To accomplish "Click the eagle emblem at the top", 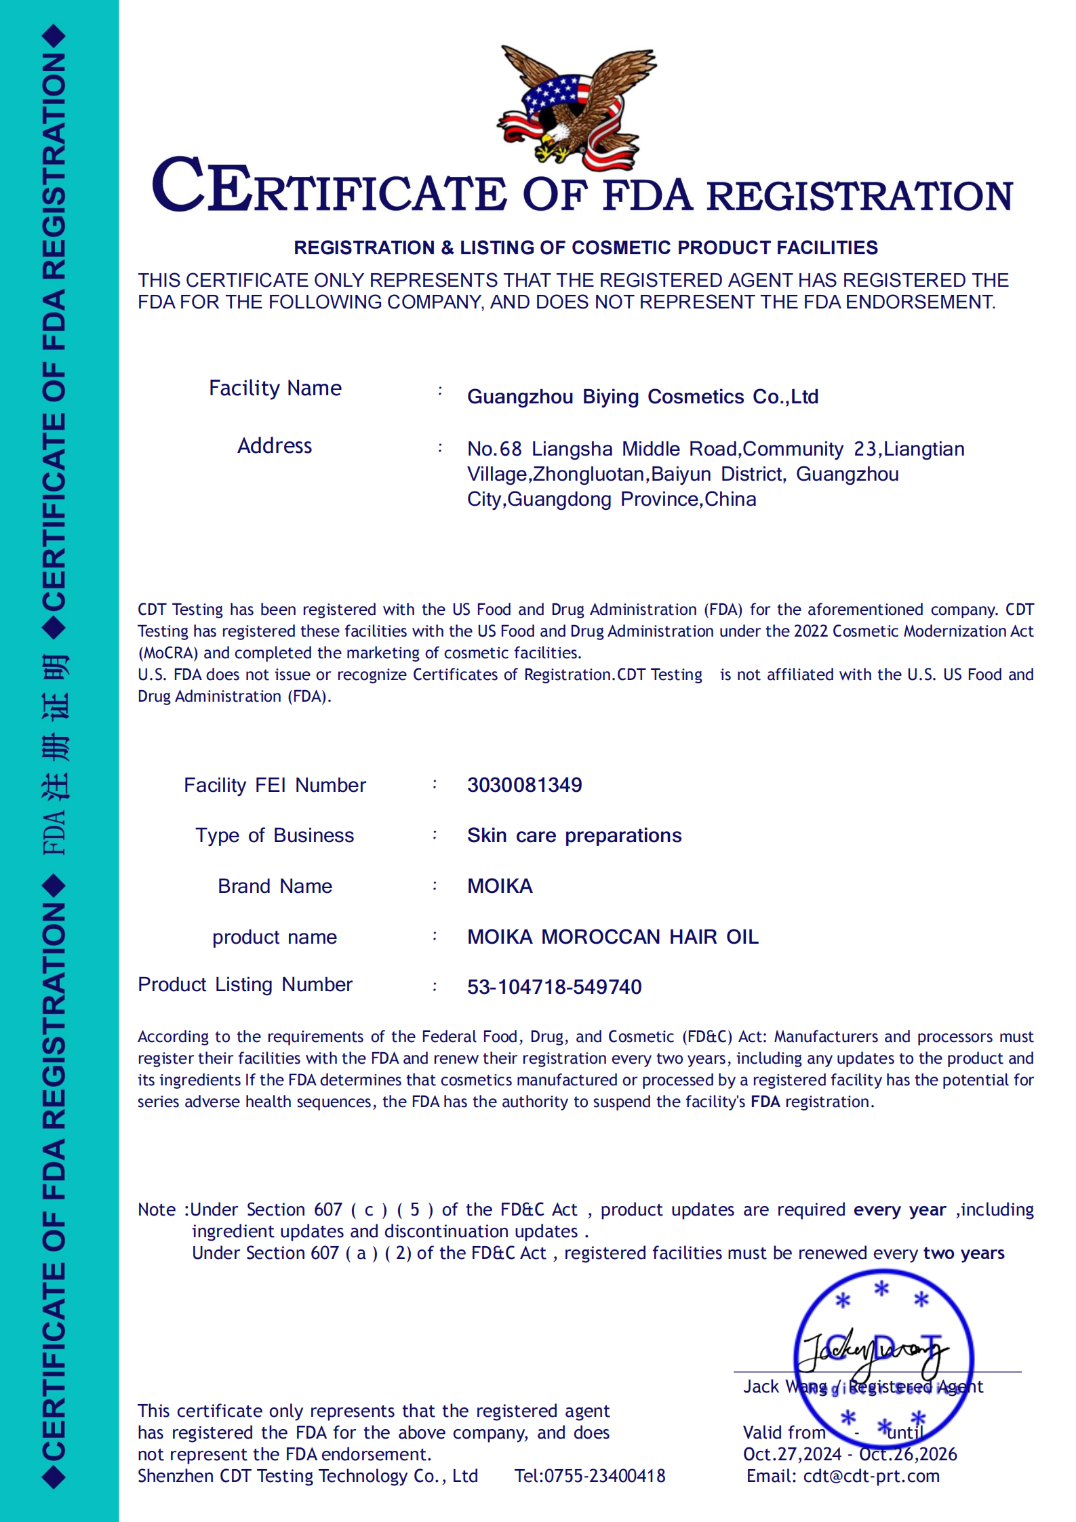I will coord(576,107).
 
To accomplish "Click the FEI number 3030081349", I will coord(524,784).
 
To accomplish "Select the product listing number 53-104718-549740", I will coord(554,986).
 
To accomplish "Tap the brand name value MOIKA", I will coord(500,885).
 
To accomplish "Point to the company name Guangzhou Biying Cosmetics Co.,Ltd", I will coord(642,397).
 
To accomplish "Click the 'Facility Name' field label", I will coord(275,388).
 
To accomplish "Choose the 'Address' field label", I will coord(274,445).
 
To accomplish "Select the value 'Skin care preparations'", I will coord(574,835).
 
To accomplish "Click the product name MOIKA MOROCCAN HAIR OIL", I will coord(612,936).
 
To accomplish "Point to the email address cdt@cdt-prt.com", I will coord(871,1476).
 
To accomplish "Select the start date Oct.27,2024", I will coord(791,1454).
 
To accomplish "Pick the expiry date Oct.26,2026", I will coord(908,1454).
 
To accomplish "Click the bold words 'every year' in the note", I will coord(899,1209).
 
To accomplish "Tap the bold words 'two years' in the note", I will coord(963,1253).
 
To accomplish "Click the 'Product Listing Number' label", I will coord(245,984).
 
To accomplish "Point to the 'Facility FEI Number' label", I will coord(275,784).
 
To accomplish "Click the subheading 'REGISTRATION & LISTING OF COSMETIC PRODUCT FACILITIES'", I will coord(585,247).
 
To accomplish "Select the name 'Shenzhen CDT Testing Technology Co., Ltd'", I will coord(308,1476).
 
